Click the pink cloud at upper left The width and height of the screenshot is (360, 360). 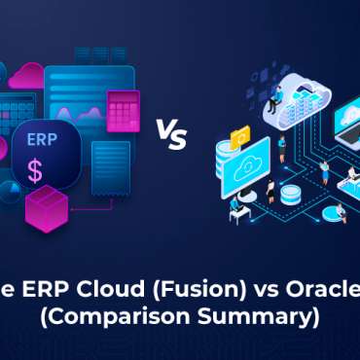27,74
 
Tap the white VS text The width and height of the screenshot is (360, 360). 171,136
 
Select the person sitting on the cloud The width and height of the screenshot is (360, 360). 276,95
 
